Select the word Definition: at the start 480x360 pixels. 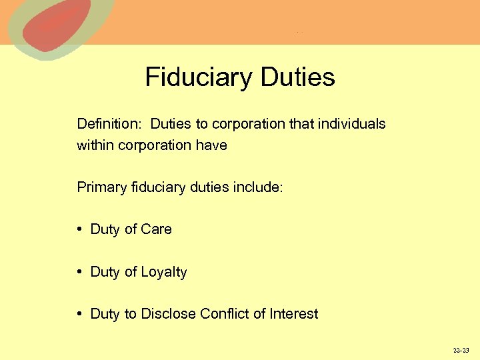110,124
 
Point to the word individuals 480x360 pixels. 353,124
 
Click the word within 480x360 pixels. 95,145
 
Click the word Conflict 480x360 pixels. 225,314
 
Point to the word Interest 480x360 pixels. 295,314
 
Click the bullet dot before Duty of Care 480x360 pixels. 79,229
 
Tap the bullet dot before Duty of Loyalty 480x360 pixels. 79,272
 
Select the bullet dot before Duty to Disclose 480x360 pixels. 79,314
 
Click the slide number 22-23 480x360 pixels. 461,350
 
